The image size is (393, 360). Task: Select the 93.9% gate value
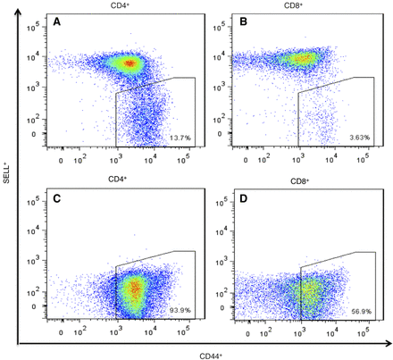point(180,312)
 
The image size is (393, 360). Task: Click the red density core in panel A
point(131,63)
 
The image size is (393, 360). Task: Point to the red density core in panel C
point(134,289)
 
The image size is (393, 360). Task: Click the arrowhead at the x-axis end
point(386,344)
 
